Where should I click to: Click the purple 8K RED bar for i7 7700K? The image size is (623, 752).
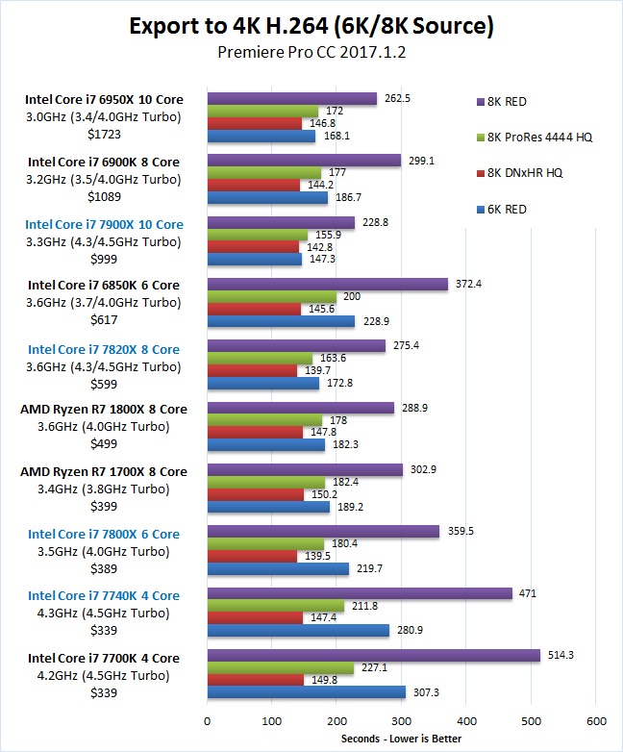pos(373,655)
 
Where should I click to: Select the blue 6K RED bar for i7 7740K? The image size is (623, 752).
pos(298,630)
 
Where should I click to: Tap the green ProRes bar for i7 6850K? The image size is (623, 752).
pos(272,297)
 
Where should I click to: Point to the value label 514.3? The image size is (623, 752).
pos(562,654)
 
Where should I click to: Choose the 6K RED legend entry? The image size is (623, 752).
pos(518,210)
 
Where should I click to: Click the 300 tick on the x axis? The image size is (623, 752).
pos(402,720)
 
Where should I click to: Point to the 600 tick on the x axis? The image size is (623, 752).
pos(596,720)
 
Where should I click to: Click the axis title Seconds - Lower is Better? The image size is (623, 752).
pos(401,739)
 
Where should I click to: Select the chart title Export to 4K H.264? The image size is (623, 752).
pos(311,26)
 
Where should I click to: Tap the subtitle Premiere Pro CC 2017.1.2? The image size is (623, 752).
pos(311,53)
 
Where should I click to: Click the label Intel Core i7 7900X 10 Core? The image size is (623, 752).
pos(106,224)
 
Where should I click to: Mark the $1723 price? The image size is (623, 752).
pos(106,134)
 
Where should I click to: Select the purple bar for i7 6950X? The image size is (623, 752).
pos(292,98)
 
